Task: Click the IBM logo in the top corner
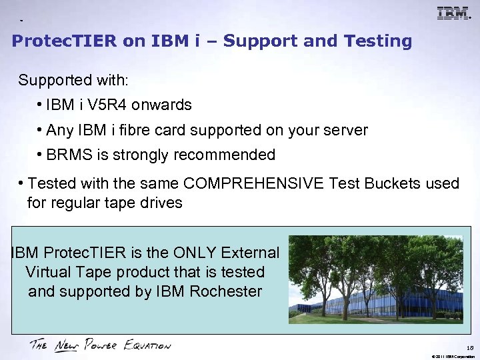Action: click(x=453, y=13)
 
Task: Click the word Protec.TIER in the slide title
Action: click(x=65, y=41)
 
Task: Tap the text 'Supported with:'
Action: click(x=73, y=81)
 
